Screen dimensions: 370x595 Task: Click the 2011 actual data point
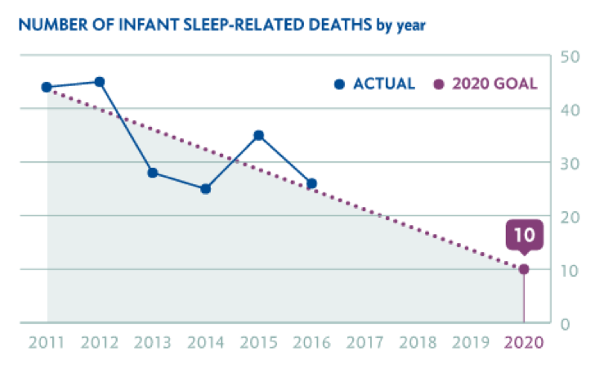47,87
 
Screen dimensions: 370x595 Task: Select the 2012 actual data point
100,82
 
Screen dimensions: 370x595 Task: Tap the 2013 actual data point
153,173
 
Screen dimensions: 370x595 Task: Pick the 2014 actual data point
205,189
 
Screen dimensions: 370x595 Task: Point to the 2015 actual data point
258,135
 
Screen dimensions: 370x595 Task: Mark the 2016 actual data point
311,183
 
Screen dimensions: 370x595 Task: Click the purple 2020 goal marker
524,269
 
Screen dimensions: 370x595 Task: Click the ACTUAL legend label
384,83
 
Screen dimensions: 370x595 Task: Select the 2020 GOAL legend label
494,83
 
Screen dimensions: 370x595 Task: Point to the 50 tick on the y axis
570,56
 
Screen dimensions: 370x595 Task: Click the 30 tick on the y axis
570,163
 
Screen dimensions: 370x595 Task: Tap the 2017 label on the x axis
365,343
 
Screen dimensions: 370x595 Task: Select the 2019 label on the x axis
471,343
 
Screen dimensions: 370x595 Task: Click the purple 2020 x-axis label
524,343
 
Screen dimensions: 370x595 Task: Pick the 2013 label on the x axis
153,343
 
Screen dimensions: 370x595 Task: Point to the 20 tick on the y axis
570,216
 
